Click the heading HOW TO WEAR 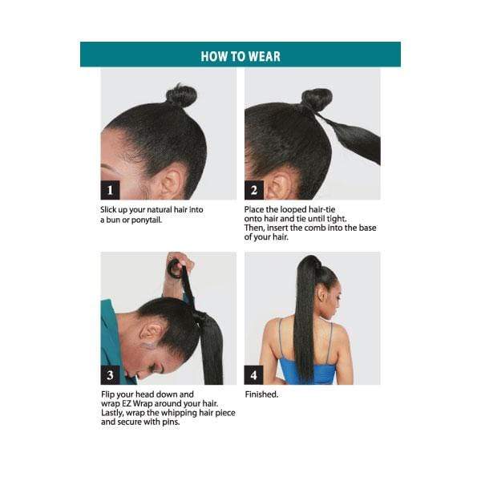(x=240, y=56)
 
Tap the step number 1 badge (x=111, y=190)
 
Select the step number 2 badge (x=254, y=190)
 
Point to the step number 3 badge (x=111, y=374)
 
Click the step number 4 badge (x=254, y=374)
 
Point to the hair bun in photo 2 (x=317, y=99)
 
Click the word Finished (x=261, y=394)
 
